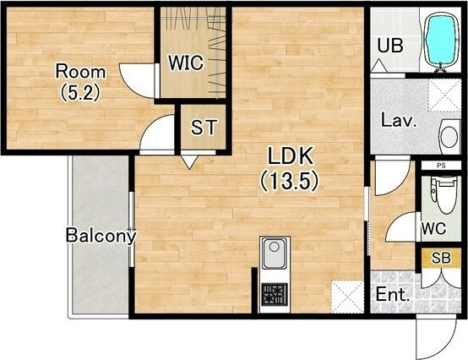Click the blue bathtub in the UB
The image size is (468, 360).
[441, 41]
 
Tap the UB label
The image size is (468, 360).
[390, 46]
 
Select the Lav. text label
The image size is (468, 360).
[399, 121]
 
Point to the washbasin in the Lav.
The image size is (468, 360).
[449, 137]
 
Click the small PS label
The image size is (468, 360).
[441, 166]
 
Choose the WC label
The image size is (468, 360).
[433, 229]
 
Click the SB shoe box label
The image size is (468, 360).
[441, 258]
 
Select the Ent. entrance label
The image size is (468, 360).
[392, 294]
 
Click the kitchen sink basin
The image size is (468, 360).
[274, 253]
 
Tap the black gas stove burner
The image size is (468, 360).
[275, 295]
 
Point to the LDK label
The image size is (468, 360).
[291, 155]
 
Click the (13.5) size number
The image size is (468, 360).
[290, 181]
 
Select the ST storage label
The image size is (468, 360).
[204, 127]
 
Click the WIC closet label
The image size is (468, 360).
[186, 63]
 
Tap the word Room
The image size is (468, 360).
[80, 72]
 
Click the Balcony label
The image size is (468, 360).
[101, 236]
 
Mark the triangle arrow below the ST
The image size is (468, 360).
[189, 162]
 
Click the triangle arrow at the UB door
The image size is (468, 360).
[378, 66]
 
